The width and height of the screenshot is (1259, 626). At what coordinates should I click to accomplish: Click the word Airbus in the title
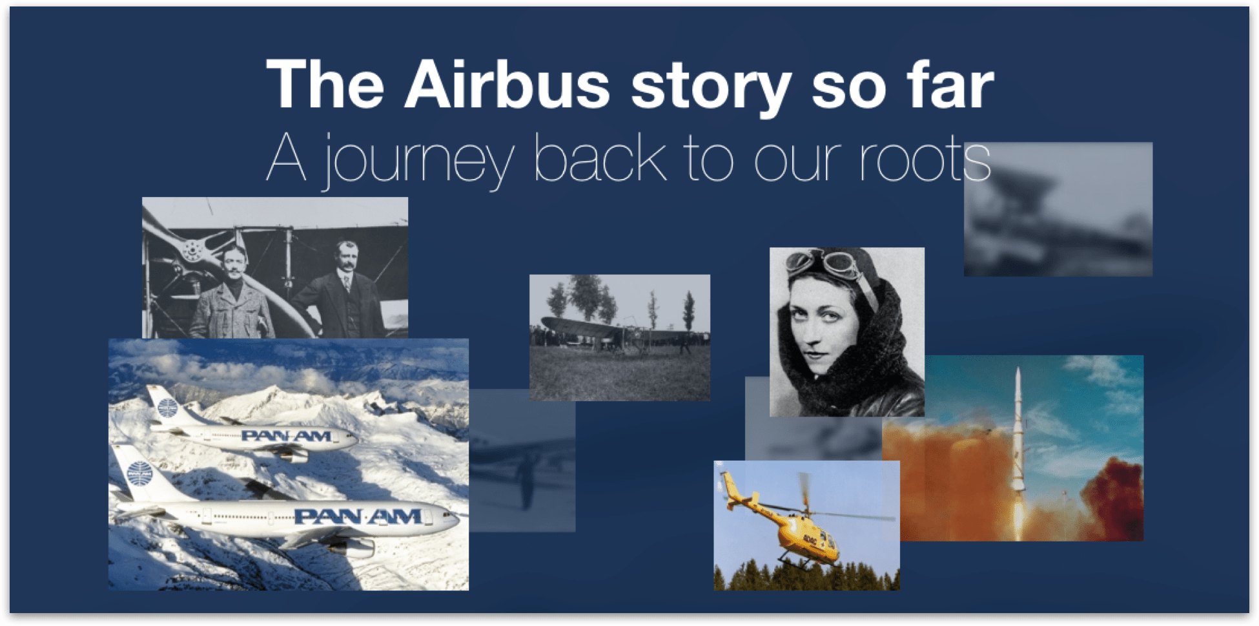[x=507, y=84]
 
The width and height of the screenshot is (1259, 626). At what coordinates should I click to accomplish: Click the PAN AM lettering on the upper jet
[x=287, y=436]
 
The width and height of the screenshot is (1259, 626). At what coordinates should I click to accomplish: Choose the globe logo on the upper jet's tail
[x=167, y=408]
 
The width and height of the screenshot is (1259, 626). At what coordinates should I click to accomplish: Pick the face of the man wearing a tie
[x=347, y=258]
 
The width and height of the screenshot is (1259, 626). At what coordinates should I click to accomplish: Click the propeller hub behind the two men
[x=192, y=251]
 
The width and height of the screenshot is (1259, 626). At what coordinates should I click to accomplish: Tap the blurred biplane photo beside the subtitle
[x=1058, y=209]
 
